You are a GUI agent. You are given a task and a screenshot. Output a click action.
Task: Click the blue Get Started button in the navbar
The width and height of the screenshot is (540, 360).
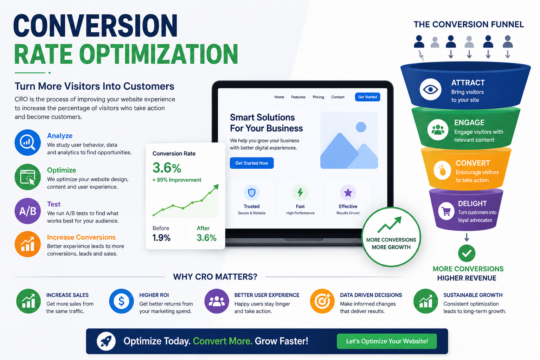pos(367,97)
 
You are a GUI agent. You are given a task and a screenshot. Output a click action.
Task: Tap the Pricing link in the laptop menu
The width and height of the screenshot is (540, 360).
pos(318,97)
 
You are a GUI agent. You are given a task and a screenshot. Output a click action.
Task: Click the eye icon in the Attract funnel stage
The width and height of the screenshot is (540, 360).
pos(430,89)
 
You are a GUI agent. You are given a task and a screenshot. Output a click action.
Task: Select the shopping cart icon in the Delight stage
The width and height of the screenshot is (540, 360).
pos(446,212)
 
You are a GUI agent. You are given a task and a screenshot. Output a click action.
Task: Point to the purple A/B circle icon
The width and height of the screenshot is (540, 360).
pos(28,211)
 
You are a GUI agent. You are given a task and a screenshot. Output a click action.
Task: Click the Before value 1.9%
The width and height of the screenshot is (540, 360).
pos(161,238)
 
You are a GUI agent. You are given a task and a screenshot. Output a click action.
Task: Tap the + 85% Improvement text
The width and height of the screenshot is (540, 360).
pos(177,180)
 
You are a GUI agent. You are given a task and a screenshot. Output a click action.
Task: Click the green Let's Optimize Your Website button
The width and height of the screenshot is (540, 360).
pos(387,341)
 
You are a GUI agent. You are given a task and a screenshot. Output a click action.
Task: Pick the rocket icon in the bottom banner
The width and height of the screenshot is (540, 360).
pos(106,341)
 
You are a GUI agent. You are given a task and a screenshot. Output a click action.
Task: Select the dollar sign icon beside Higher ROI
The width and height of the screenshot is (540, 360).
pos(121,301)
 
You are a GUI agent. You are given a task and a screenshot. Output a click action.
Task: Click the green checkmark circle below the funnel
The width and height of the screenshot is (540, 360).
pos(467,253)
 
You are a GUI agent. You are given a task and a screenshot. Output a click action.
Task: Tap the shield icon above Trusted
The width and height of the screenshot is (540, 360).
pos(252,193)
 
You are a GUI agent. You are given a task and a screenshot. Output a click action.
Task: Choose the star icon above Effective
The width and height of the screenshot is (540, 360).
pos(348,193)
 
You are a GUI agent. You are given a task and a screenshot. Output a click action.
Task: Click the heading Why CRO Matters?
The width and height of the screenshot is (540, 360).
pos(215,277)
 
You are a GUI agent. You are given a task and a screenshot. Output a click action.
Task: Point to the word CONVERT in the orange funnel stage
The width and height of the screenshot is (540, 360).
pos(473,163)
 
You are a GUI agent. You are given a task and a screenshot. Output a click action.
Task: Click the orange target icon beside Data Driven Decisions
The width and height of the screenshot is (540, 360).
pos(322,301)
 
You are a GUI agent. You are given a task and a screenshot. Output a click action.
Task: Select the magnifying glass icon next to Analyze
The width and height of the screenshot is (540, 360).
pos(28,142)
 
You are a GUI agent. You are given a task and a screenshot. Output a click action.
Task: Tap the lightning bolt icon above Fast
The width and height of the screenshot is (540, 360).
pos(300,193)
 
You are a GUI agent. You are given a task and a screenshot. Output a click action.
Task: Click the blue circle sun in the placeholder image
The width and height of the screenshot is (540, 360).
pos(361,127)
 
